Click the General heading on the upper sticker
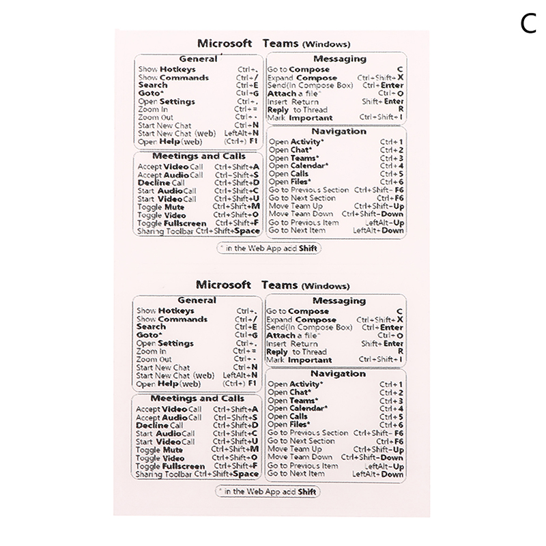tap(197, 59)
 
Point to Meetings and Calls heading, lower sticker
tap(197, 399)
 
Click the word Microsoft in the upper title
tap(223, 43)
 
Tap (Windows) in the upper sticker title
tap(326, 44)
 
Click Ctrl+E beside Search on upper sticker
tap(246, 85)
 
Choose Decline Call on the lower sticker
tap(160, 425)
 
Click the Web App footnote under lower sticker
tap(268, 491)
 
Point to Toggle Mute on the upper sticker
tap(161, 207)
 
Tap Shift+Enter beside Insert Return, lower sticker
tap(382, 344)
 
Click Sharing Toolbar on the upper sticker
tap(165, 231)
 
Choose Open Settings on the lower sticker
tap(165, 343)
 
